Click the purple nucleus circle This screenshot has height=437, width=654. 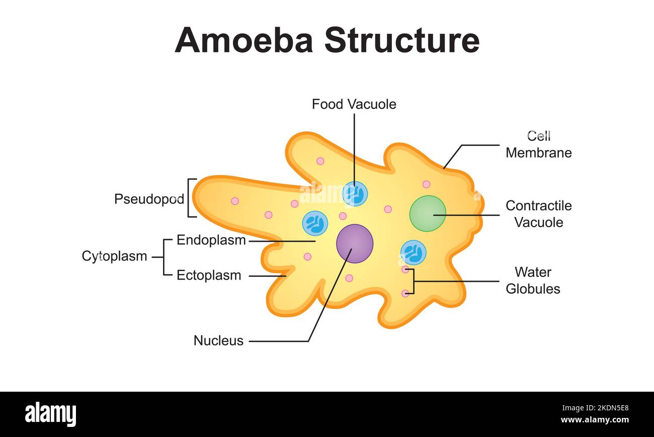pyautogui.click(x=355, y=244)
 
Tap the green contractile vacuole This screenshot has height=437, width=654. pyautogui.click(x=428, y=213)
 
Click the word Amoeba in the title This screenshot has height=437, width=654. pyautogui.click(x=243, y=40)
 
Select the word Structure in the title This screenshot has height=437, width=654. pyautogui.click(x=401, y=40)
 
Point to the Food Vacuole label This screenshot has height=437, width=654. pyautogui.click(x=354, y=104)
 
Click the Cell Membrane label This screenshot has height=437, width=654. pyautogui.click(x=538, y=144)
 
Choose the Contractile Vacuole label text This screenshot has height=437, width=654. pyautogui.click(x=538, y=214)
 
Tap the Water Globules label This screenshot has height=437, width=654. pyautogui.click(x=533, y=280)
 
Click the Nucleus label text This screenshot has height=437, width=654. pyautogui.click(x=218, y=341)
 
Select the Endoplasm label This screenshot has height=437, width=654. pyautogui.click(x=211, y=240)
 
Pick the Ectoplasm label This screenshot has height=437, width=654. pyautogui.click(x=209, y=275)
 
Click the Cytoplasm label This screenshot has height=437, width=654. pyautogui.click(x=114, y=256)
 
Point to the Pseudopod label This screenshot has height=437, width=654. pyautogui.click(x=149, y=199)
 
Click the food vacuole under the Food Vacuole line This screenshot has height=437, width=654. pyautogui.click(x=355, y=194)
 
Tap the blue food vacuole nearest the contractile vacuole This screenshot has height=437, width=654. pyautogui.click(x=413, y=252)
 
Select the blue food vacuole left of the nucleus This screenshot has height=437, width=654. pyautogui.click(x=315, y=223)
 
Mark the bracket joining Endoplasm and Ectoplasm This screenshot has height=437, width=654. pyautogui.click(x=165, y=257)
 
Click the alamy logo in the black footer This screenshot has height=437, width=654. pyautogui.click(x=51, y=414)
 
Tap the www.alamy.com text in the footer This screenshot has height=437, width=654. pyautogui.click(x=594, y=420)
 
